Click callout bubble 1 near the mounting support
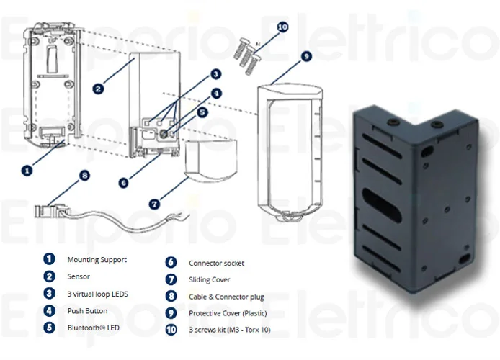27,171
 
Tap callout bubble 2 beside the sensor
99,89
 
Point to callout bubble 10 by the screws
282,27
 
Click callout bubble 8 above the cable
85,174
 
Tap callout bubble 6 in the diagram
123,184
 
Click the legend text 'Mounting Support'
96,259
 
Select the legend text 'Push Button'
87,311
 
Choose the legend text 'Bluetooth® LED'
93,328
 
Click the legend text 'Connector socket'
216,264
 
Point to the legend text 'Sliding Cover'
210,280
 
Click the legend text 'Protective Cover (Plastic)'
233,313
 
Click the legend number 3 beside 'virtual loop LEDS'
49,294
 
